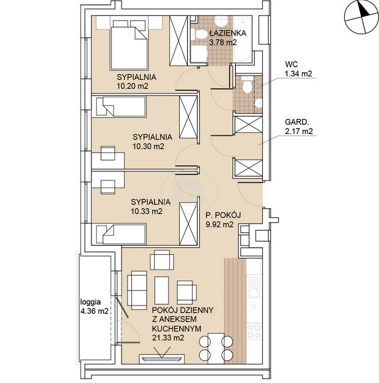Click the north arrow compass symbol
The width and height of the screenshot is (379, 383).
pyautogui.click(x=361, y=17)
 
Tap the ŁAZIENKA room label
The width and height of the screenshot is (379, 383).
pyautogui.click(x=228, y=32)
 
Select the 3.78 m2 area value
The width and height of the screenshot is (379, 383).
pyautogui.click(x=223, y=42)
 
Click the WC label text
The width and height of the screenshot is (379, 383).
pyautogui.click(x=291, y=64)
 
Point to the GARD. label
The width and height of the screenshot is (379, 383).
pyautogui.click(x=295, y=122)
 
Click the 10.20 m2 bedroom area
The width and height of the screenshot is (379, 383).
pyautogui.click(x=132, y=86)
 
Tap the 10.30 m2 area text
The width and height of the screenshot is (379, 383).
pyautogui.click(x=149, y=146)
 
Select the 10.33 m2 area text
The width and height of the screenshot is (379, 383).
pyautogui.click(x=147, y=211)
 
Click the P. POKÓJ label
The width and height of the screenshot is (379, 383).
pyautogui.click(x=223, y=215)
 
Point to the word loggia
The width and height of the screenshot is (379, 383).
pyautogui.click(x=90, y=302)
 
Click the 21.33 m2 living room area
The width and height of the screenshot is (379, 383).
pyautogui.click(x=168, y=338)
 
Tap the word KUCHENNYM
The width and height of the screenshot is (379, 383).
pyautogui.click(x=177, y=328)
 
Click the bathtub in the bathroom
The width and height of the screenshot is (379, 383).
pyautogui.click(x=242, y=39)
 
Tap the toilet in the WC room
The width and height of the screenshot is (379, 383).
pyautogui.click(x=247, y=84)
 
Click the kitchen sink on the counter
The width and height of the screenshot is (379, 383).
pyautogui.click(x=254, y=287)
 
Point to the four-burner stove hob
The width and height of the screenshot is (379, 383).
pyautogui.click(x=254, y=331)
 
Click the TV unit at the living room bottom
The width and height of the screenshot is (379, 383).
pyautogui.click(x=161, y=358)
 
